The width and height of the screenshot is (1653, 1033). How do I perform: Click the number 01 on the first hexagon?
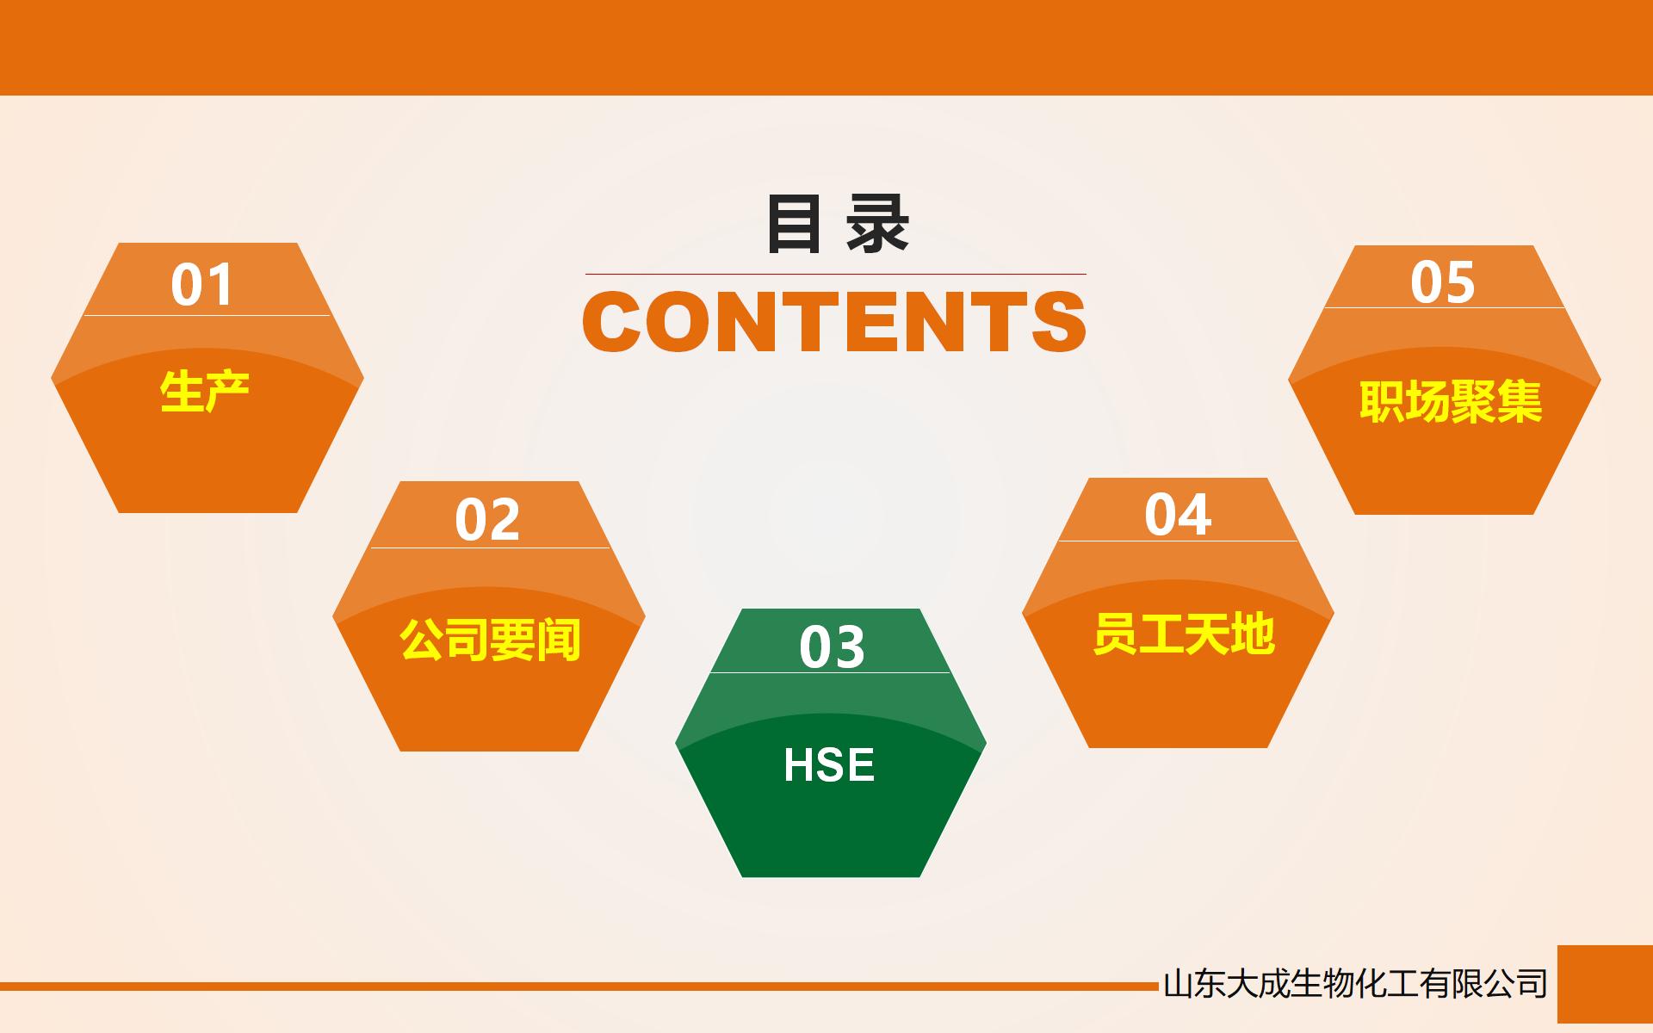[202, 285]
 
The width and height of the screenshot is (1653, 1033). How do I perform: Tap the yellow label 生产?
[205, 392]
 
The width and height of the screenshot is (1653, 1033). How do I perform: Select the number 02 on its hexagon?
[487, 520]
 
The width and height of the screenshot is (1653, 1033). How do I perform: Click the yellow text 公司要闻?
[490, 640]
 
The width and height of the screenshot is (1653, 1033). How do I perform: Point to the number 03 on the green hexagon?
[832, 647]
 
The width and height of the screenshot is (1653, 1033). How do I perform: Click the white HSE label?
[829, 764]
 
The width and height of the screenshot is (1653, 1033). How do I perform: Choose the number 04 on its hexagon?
[1178, 515]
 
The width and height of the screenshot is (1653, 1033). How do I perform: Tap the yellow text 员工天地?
[1184, 634]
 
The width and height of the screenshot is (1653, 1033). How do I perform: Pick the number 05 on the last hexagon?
[1443, 282]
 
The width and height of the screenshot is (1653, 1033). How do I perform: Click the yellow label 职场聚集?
[1451, 401]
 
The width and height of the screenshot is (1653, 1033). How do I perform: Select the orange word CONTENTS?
[834, 322]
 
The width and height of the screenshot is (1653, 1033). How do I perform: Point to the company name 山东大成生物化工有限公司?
[1355, 983]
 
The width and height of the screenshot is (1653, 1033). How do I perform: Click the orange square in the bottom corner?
[1605, 983]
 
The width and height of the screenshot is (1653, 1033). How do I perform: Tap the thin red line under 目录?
[835, 274]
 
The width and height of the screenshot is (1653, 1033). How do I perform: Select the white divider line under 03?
[830, 672]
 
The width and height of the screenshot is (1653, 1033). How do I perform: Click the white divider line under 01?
[207, 315]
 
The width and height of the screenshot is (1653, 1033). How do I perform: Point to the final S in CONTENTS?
[1058, 322]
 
